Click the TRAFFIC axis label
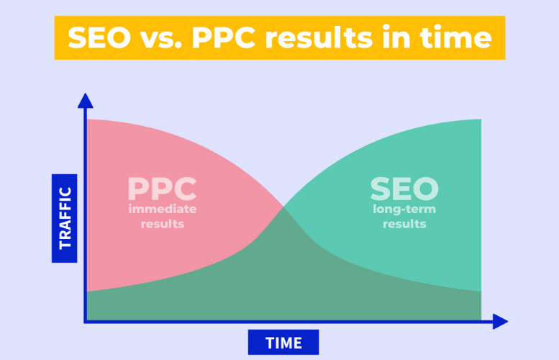point(65,217)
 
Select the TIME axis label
point(283,342)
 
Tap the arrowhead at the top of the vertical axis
point(86,100)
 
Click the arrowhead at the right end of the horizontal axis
point(501,321)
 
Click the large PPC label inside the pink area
point(162,189)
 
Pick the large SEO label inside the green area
point(404,189)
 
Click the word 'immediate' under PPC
point(162,210)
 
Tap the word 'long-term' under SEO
point(404,210)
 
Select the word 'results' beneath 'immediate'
point(162,224)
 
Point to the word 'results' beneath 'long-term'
point(404,224)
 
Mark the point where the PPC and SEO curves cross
point(283,208)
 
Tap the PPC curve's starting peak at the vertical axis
point(88,120)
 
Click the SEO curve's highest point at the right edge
point(480,120)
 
